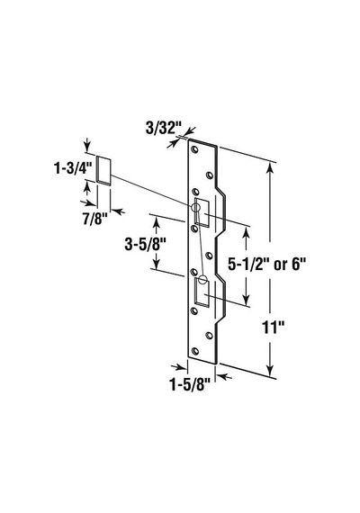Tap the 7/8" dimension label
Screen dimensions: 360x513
[x=94, y=219]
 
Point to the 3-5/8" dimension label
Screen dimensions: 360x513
[x=145, y=244]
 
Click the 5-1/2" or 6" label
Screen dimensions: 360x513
[x=266, y=264]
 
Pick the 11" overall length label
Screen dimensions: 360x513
[x=274, y=328]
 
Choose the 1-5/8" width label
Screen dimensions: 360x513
[x=189, y=385]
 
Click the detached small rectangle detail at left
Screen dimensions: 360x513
[x=104, y=171]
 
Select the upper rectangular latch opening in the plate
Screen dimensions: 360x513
[x=202, y=212]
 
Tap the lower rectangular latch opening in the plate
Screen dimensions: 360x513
[x=202, y=292]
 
